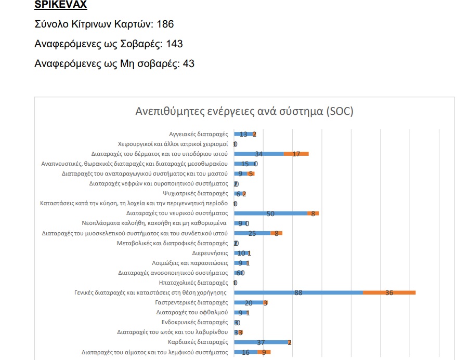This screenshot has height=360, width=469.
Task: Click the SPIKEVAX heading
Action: [x=60, y=6]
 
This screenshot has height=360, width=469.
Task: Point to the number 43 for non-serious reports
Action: [x=189, y=64]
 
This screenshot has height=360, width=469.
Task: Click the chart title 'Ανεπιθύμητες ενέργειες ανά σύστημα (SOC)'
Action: [x=244, y=112]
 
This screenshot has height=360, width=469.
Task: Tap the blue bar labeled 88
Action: [x=298, y=292]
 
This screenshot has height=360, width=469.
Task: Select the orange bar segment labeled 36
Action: [x=389, y=292]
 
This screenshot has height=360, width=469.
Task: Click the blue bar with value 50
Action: [x=270, y=214]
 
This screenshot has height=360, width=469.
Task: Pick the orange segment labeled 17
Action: [x=296, y=154]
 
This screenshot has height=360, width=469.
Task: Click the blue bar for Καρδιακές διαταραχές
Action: [x=262, y=342]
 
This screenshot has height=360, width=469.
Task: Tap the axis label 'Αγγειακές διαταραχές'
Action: [x=199, y=134]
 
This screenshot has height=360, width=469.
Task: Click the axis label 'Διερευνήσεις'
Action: [x=210, y=253]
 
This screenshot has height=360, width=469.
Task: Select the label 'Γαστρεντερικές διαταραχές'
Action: [x=192, y=302]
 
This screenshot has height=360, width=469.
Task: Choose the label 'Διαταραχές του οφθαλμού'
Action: [x=192, y=312]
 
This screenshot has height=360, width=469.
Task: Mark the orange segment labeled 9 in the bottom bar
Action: [x=264, y=352]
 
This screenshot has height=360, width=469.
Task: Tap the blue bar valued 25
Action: [x=253, y=233]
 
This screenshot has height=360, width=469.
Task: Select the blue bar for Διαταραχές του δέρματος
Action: [x=259, y=154]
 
